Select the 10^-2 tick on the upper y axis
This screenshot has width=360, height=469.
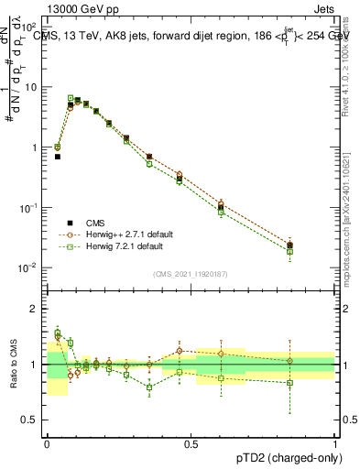point(29,267)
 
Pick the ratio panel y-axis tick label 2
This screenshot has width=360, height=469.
point(37,309)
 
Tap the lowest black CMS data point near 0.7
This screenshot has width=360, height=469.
point(58,157)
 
